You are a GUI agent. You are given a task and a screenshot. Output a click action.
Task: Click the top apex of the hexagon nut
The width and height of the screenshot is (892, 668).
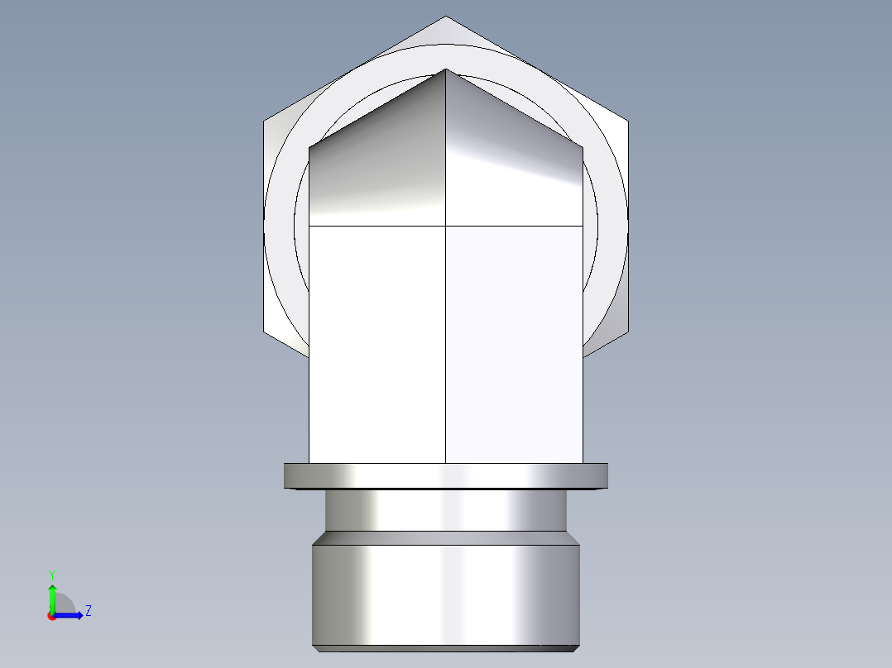pos(445,17)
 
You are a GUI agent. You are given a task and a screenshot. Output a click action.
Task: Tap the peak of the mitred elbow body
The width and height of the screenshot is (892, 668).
pos(446,69)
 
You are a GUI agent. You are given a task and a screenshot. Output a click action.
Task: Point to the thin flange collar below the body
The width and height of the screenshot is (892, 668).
pos(445,475)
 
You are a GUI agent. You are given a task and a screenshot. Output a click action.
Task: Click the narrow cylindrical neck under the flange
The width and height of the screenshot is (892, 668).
pos(445,511)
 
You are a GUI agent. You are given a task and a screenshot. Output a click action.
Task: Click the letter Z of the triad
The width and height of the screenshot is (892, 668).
pos(88,611)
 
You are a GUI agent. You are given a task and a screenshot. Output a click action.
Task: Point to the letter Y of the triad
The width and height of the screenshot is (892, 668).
pos(52,573)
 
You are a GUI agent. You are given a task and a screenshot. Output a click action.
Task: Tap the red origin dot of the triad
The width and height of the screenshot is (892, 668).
pos(52,616)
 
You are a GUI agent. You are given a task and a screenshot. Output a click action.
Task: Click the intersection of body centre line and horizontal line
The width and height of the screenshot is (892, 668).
pos(446,225)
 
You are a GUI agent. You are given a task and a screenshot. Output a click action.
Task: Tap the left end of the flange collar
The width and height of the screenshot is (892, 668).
pos(287,475)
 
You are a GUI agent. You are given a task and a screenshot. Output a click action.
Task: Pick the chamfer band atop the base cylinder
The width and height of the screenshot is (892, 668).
pos(445,537)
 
